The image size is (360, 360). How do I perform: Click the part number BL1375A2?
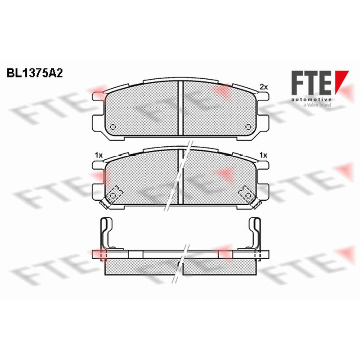[x=35, y=73]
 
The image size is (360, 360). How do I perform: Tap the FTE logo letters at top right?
[x=311, y=83]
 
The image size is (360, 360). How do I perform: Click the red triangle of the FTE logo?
[x=342, y=82]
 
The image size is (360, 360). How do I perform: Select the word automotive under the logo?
[x=311, y=99]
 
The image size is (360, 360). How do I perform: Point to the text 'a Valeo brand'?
[x=317, y=105]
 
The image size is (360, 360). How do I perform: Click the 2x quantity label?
[x=264, y=87]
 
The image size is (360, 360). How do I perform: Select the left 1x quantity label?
[x=99, y=155]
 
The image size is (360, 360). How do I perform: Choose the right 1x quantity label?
[x=263, y=155]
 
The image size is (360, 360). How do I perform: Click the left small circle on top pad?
[x=113, y=126]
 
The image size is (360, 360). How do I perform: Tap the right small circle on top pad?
[x=248, y=126]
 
